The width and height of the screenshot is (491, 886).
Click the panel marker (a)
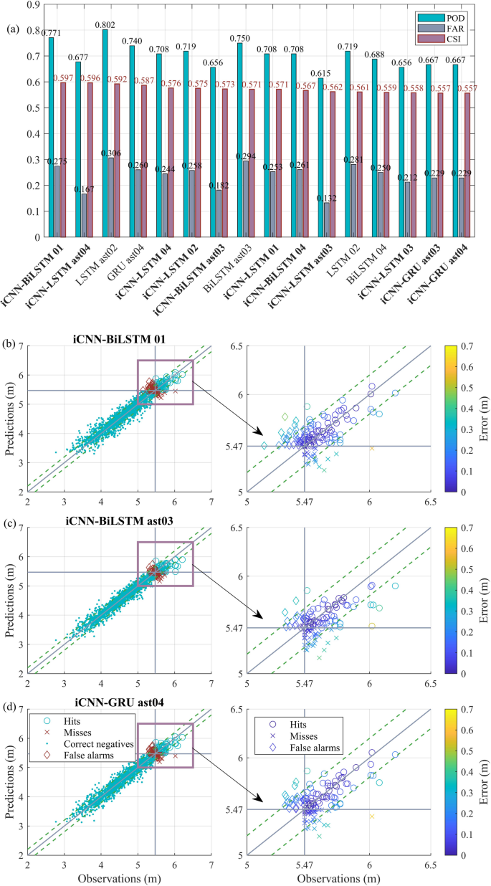(12, 30)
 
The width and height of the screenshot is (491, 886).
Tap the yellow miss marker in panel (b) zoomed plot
(372, 448)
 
